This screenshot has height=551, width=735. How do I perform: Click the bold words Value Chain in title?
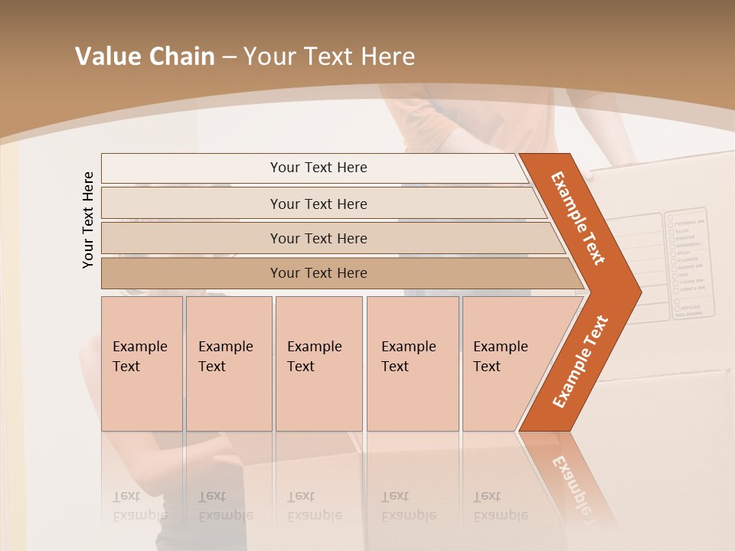145,57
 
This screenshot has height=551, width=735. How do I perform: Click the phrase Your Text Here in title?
329,57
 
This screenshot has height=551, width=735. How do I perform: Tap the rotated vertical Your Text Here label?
88,220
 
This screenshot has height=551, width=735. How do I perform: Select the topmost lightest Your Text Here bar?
318,168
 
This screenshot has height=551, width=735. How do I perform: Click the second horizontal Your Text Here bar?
318,204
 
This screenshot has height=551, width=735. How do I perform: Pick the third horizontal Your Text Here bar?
318,238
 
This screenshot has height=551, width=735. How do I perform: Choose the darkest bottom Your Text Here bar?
318,273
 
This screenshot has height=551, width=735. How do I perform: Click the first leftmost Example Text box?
142,364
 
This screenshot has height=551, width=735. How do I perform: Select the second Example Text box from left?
228,364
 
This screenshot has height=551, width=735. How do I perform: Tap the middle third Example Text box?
318,364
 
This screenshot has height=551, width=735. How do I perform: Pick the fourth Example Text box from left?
412,364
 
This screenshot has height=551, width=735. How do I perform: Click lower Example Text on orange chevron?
580,362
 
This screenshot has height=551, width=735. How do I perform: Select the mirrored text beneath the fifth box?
499,506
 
